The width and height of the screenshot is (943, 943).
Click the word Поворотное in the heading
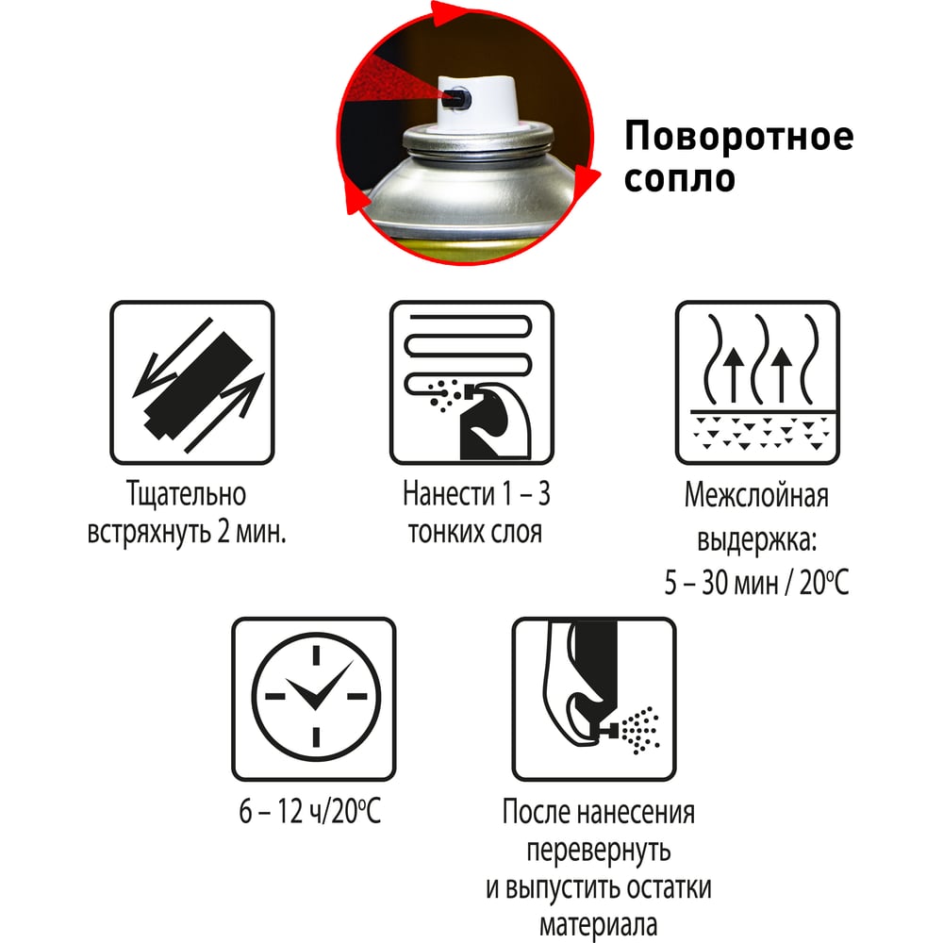tap(739, 137)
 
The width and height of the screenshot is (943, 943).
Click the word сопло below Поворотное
tap(680, 178)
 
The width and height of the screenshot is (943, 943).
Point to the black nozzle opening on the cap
tap(455, 99)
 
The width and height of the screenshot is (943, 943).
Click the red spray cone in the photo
tap(396, 86)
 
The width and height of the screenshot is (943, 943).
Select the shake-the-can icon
tap(191, 383)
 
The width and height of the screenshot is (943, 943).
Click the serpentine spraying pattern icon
tap(471, 383)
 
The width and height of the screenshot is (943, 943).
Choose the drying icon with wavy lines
tap(757, 383)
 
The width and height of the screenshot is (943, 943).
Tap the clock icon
tap(314, 699)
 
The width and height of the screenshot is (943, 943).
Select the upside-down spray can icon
tap(594, 699)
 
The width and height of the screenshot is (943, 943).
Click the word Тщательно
tap(187, 494)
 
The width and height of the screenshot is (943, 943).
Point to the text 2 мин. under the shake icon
tap(252, 532)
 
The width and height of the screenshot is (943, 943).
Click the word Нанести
tap(448, 494)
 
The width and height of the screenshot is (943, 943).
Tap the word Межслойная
tap(756, 496)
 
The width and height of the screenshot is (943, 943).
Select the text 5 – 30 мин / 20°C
tap(756, 582)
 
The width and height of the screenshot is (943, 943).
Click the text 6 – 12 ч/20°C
tap(309, 812)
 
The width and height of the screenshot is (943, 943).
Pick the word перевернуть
tap(599, 851)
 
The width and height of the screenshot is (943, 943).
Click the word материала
tap(598, 926)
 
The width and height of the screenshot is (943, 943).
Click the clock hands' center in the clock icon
tap(315, 699)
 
